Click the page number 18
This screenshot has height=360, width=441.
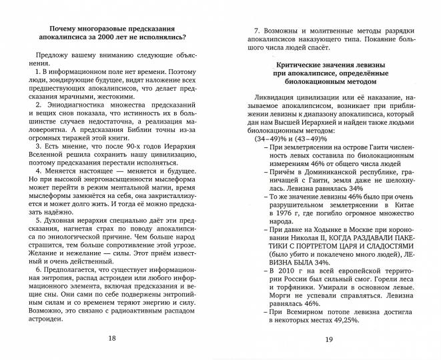(x=112, y=338)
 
